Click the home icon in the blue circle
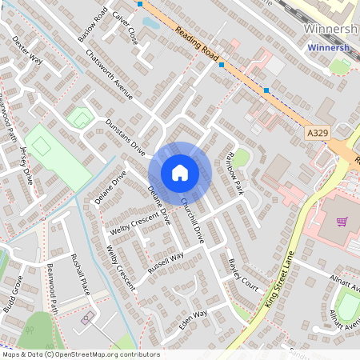coord(180,172)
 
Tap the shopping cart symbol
coord(342,222)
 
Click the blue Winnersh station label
coord(329,48)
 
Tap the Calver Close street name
coord(126,27)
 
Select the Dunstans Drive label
coord(126,138)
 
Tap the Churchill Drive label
coord(193,219)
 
